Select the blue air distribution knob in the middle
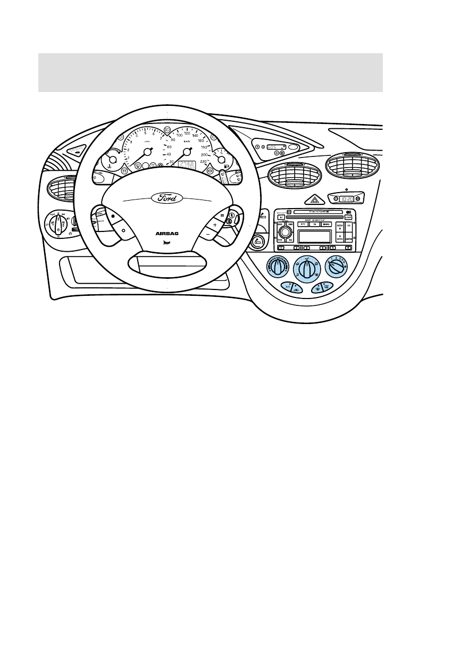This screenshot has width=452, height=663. pyautogui.click(x=305, y=267)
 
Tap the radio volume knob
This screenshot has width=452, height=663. pyautogui.click(x=285, y=233)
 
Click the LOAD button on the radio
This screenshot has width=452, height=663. pyautogui.click(x=348, y=217)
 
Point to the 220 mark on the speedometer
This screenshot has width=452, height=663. pyautogui.click(x=203, y=161)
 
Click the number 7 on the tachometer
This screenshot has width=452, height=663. pyautogui.click(x=160, y=137)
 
